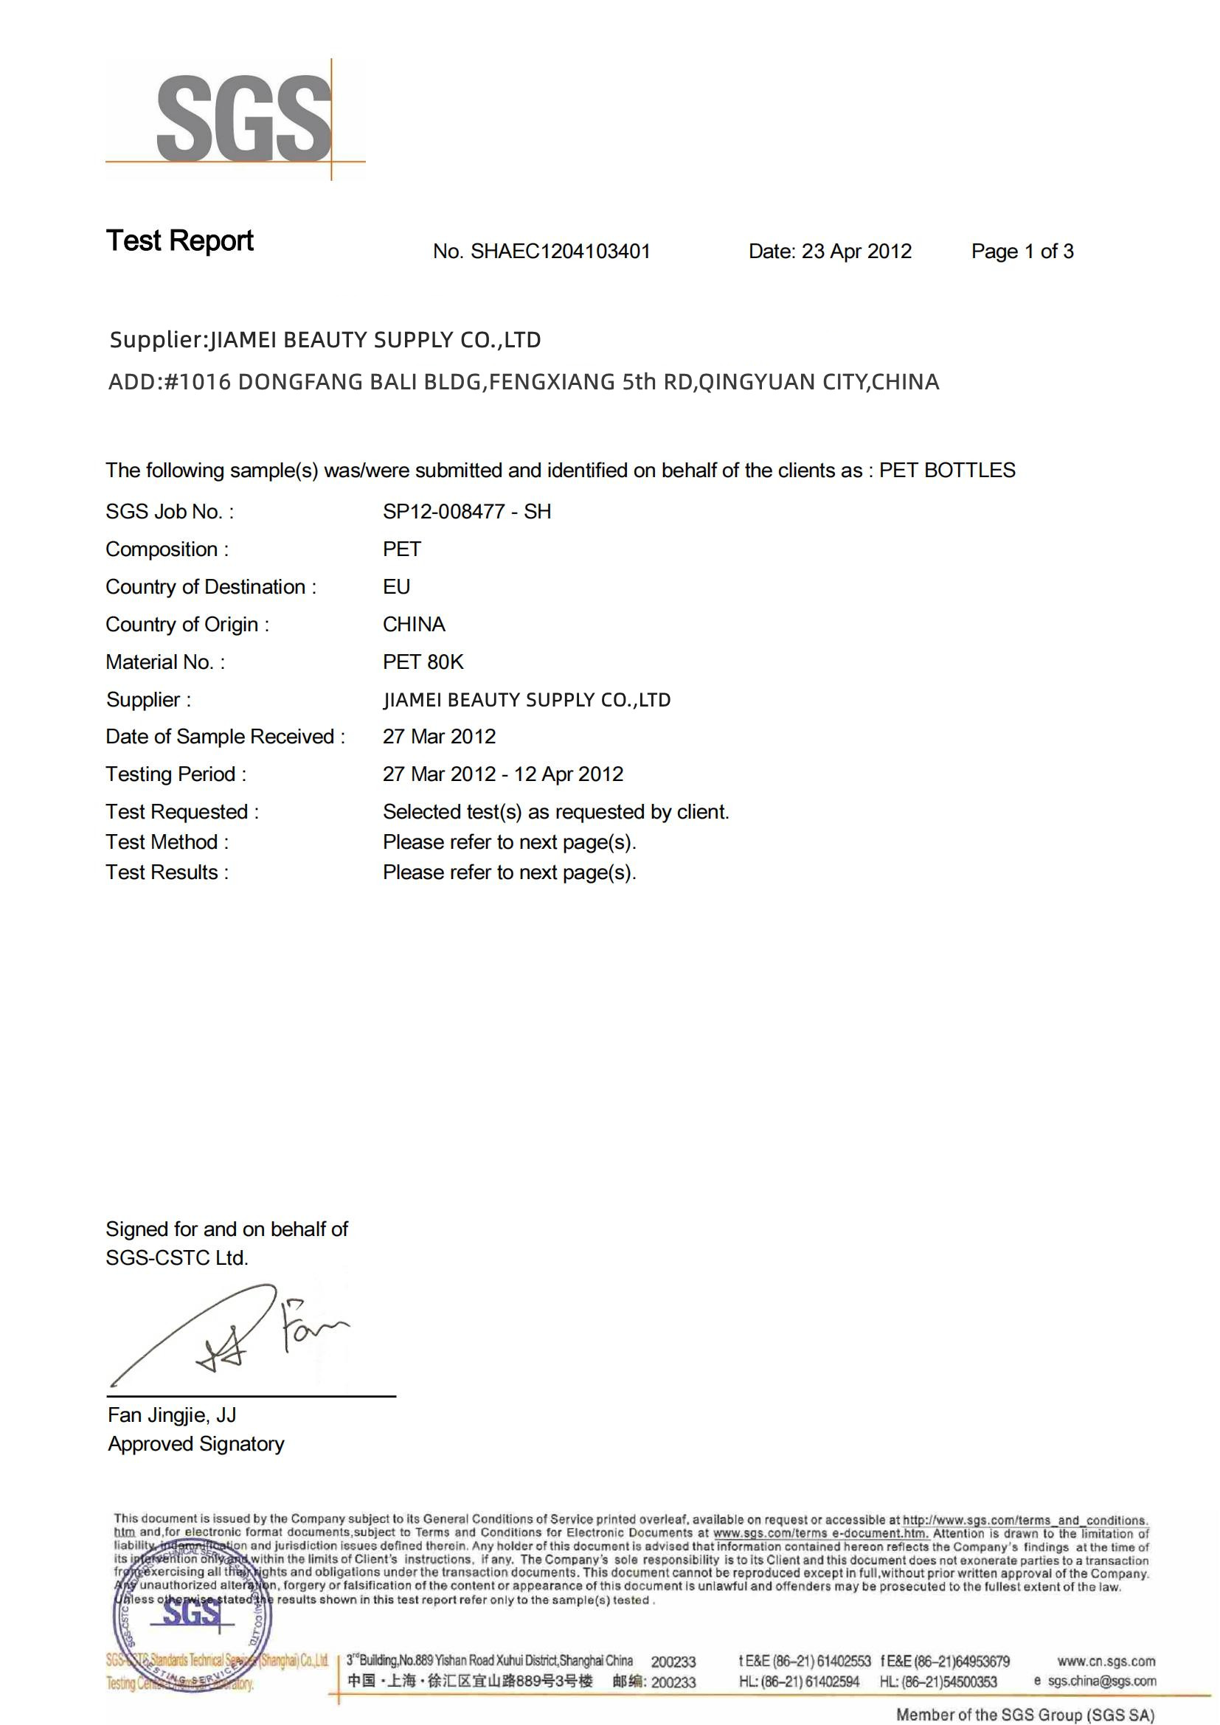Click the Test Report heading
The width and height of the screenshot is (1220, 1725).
(179, 241)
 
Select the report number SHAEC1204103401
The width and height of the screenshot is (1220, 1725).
(560, 251)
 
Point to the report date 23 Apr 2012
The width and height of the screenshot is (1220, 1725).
(856, 251)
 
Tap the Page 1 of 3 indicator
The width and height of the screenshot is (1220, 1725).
(1022, 251)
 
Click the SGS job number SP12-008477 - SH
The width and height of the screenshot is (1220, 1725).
(466, 512)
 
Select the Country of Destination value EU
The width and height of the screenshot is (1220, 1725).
(396, 587)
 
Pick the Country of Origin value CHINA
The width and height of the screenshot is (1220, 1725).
(414, 625)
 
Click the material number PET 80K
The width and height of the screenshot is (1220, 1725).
(423, 662)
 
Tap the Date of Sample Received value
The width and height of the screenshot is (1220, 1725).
(439, 736)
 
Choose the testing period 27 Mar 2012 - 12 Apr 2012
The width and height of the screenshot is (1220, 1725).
(502, 774)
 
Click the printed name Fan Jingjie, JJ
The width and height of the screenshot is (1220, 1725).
(172, 1415)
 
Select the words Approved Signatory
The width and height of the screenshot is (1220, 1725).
(196, 1444)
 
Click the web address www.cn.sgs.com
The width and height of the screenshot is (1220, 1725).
(1106, 1661)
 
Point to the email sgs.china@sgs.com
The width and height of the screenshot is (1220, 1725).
(1101, 1681)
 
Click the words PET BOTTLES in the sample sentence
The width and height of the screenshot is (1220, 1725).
(946, 471)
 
